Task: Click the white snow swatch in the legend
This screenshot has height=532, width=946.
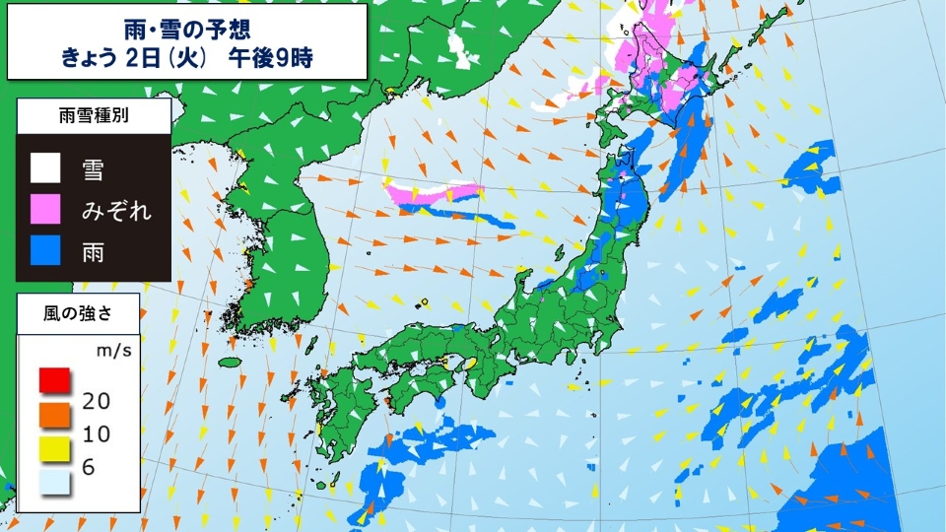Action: click(44, 168)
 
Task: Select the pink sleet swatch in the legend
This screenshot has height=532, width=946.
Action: click(44, 210)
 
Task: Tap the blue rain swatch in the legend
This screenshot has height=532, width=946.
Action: click(44, 251)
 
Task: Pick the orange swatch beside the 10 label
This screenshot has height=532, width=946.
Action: click(54, 413)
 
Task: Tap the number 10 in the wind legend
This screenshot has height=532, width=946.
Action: click(97, 433)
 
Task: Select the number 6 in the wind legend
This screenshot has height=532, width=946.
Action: click(88, 468)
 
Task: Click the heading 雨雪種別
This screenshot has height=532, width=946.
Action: click(94, 115)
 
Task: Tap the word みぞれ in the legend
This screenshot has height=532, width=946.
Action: click(117, 211)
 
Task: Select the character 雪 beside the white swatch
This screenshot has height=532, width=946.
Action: click(95, 169)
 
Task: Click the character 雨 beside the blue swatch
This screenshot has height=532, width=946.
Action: click(95, 252)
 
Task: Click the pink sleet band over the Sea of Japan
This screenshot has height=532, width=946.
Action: click(434, 193)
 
